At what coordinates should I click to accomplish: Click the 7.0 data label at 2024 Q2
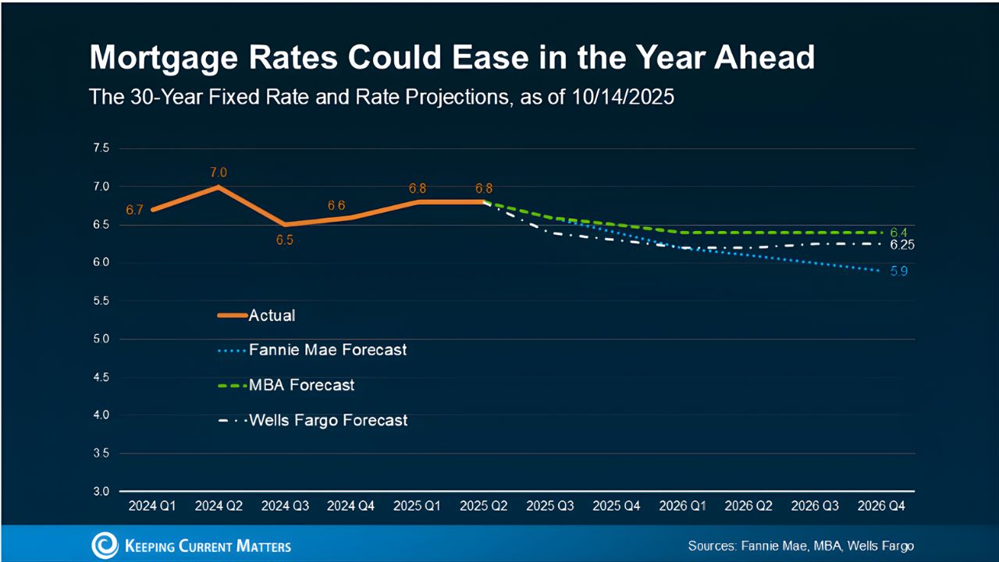[218, 173]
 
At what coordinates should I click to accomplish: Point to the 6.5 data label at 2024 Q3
[284, 240]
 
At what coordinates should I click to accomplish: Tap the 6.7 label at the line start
[134, 210]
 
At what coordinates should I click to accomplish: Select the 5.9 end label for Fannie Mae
[898, 272]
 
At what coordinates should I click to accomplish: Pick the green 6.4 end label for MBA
[898, 233]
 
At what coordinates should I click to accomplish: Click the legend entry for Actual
[272, 316]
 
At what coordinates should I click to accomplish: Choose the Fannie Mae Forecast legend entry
[328, 350]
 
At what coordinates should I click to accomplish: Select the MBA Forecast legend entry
[301, 385]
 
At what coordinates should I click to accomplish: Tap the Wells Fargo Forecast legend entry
[328, 420]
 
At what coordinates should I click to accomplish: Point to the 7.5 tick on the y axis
[102, 148]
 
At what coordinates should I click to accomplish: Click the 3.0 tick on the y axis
[102, 492]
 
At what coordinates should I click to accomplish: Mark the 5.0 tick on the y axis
[102, 340]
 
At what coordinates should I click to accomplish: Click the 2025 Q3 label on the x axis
[550, 506]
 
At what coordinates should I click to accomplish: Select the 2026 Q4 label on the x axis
[881, 506]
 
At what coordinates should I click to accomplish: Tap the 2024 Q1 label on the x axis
[152, 506]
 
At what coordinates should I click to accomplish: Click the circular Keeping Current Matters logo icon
[105, 545]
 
